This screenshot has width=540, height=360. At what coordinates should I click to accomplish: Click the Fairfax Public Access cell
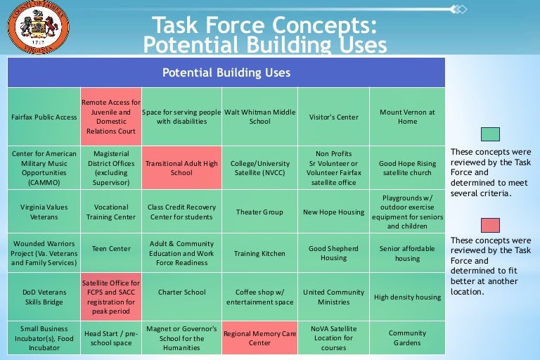[44, 117]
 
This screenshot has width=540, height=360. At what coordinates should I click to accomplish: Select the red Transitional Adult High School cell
[181, 168]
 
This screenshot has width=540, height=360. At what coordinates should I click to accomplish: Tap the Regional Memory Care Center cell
[259, 338]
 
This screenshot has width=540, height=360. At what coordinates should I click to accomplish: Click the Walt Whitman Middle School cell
[259, 117]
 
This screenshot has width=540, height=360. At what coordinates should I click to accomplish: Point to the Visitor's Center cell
[333, 117]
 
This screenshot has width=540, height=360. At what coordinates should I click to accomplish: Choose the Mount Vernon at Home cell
[407, 117]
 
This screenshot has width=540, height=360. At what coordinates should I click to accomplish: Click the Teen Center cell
[111, 248]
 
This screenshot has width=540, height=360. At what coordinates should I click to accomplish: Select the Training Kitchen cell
[259, 253]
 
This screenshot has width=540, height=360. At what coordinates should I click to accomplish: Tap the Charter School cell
[181, 292]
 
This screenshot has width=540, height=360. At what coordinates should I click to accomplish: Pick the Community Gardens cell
[407, 338]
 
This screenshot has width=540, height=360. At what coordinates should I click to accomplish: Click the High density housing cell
[407, 297]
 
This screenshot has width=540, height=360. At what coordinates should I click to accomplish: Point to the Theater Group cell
[259, 212]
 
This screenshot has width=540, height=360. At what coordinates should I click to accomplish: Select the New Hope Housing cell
[333, 212]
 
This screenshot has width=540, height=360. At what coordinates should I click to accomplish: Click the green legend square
[490, 134]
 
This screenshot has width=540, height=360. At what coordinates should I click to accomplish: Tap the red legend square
[490, 225]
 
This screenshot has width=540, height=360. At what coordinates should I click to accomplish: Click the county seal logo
[30, 27]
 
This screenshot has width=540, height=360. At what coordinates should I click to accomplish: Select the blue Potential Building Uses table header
[226, 72]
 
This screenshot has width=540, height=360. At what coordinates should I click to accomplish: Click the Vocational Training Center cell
[111, 212]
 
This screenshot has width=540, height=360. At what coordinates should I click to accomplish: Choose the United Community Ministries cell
[333, 297]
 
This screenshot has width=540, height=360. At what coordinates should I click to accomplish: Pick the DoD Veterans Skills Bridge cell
[44, 297]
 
